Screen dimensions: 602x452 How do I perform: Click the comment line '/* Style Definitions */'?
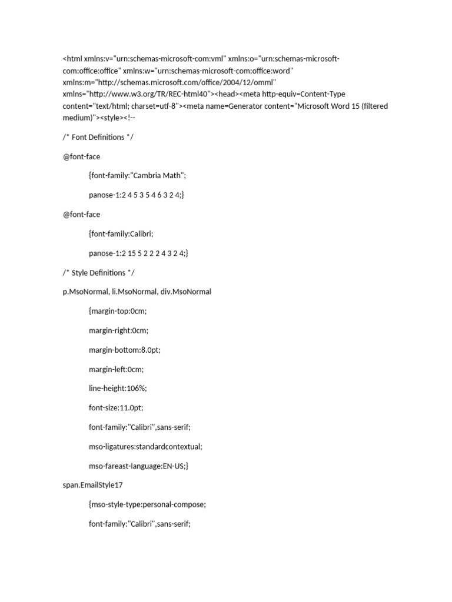pyautogui.click(x=100, y=273)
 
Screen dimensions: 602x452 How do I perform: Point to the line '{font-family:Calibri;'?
pyautogui.click(x=121, y=234)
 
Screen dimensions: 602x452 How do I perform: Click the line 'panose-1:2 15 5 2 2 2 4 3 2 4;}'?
pyautogui.click(x=139, y=253)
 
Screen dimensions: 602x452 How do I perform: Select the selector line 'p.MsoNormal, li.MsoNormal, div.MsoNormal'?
pyautogui.click(x=137, y=292)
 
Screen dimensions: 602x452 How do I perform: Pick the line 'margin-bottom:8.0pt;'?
pyautogui.click(x=124, y=350)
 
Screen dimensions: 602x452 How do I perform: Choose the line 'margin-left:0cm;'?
pyautogui.click(x=116, y=370)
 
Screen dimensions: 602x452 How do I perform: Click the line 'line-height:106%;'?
pyautogui.click(x=116, y=389)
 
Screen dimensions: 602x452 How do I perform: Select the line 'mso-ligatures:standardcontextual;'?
pyautogui.click(x=145, y=447)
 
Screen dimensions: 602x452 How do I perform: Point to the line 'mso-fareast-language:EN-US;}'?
pyautogui.click(x=138, y=466)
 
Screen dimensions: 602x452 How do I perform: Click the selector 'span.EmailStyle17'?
pyautogui.click(x=92, y=486)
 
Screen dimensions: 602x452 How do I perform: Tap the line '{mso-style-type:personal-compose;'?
pyautogui.click(x=147, y=505)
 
